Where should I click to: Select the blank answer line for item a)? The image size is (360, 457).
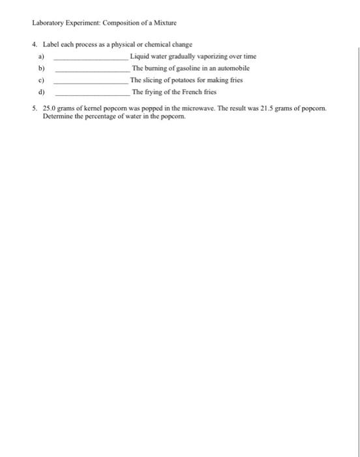[x=91, y=57]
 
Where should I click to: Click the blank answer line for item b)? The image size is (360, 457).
[x=91, y=69]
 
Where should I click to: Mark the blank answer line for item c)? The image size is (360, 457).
[x=91, y=80]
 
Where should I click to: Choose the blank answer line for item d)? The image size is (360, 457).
[x=91, y=92]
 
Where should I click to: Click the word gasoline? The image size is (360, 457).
[x=190, y=68]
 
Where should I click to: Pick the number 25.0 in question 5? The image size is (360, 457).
[x=50, y=108]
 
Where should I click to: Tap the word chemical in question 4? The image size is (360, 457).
[x=151, y=45]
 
